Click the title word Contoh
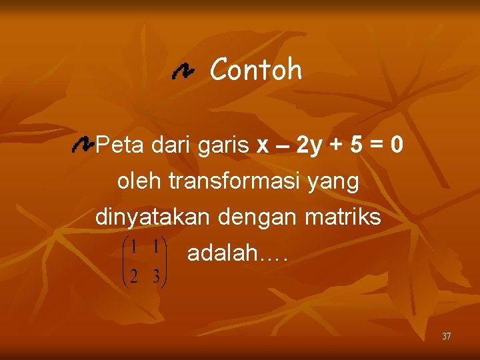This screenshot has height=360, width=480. (x=256, y=69)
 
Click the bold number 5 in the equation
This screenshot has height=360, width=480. (x=358, y=145)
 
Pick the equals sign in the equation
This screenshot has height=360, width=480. (x=377, y=145)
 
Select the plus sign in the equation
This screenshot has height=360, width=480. (x=338, y=145)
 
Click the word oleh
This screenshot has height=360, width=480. (x=139, y=181)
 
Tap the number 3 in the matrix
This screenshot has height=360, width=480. (x=155, y=276)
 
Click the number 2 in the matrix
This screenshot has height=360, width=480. (x=134, y=276)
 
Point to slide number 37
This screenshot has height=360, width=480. (x=446, y=336)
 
